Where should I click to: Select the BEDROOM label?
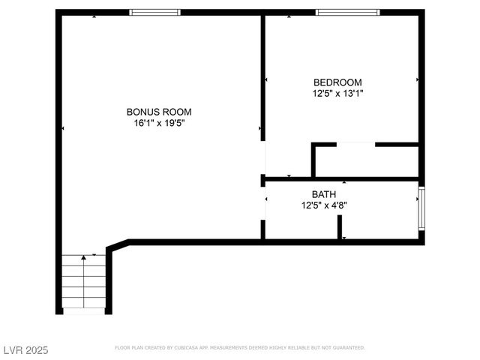pos(337,82)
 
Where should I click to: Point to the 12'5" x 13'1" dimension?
pos(337,94)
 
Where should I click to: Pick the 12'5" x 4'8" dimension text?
pos(324,205)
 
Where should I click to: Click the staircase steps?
pos(82,285)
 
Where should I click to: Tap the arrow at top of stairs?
pos(83,258)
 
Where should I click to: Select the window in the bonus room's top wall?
pos(155,13)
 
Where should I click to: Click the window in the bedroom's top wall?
pos(347,13)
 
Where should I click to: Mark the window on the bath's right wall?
pos(421,208)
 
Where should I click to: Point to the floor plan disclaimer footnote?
pos(240,348)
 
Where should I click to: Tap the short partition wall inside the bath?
pos(340,226)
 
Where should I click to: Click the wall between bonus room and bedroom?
pos(263,75)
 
